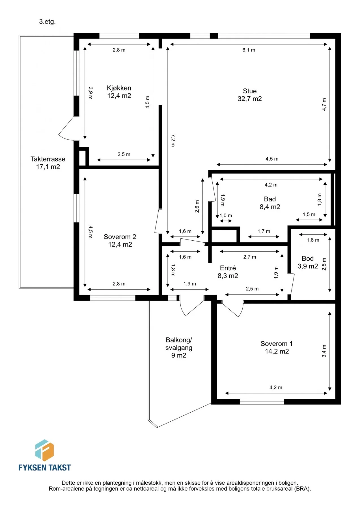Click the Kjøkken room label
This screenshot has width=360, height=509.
119,92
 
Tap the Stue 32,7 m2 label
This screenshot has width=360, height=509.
250,95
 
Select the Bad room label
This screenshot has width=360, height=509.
270,203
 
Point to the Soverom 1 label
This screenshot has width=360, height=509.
277,348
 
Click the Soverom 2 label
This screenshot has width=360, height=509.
120,241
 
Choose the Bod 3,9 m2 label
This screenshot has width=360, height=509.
308,262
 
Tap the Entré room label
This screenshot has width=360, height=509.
228,272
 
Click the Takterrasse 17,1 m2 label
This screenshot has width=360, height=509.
48,163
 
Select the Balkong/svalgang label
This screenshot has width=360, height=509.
179,348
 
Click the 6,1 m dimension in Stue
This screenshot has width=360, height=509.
249,50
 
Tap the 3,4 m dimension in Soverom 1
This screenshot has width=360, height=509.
324,351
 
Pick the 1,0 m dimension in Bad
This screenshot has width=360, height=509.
226,215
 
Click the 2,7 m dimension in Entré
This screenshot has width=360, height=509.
250,257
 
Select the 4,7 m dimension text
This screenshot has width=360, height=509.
324,104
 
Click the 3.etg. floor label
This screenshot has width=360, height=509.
47,22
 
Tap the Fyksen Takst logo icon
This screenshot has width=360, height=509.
44,450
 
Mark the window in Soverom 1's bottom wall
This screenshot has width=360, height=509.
262,402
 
